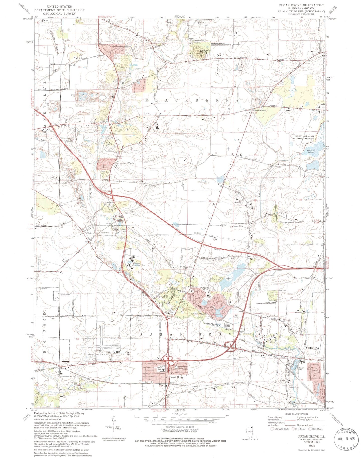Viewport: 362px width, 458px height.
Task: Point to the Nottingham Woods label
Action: coord(125,163)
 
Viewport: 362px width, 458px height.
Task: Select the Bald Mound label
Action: coord(260,110)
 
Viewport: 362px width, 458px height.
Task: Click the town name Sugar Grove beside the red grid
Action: coord(177,377)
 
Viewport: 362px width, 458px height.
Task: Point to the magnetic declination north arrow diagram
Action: coord(113,424)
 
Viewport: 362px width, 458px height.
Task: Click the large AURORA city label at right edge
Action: coord(312,348)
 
